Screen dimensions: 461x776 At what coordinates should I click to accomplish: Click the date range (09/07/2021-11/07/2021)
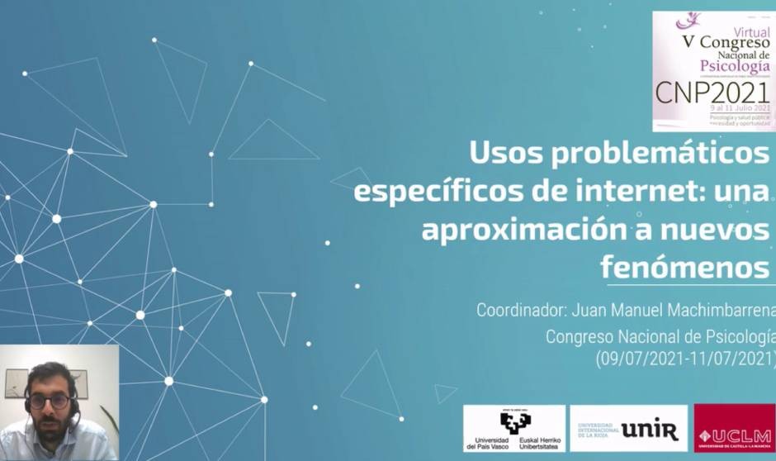tap(685, 359)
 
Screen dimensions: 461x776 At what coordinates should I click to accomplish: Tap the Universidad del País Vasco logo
tap(514, 429)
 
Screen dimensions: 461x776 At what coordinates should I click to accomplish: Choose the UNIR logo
tap(629, 429)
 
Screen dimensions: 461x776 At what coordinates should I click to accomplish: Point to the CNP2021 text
tap(712, 91)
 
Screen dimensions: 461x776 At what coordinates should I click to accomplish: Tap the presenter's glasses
tap(50, 402)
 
